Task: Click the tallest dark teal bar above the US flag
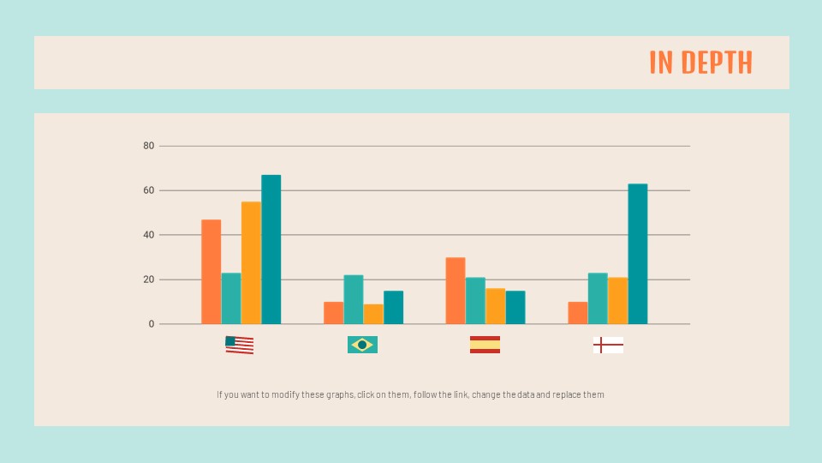[x=271, y=250]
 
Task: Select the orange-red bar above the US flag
[x=211, y=272]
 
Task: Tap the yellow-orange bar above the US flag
[x=251, y=262]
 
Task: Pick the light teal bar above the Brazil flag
[x=353, y=299]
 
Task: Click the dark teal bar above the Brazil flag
[x=393, y=307]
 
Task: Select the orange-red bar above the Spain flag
[x=456, y=291]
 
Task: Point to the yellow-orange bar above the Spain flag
[x=495, y=306]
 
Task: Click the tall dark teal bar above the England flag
[x=637, y=254]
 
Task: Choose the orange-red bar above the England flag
[x=578, y=313]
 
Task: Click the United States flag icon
[x=240, y=345]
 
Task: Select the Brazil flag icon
[x=362, y=345]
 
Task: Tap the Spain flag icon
[x=485, y=345]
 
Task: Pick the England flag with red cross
[x=608, y=346]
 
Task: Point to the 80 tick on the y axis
[x=149, y=146]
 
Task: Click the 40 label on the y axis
[x=149, y=235]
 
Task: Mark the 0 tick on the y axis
[x=152, y=324]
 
